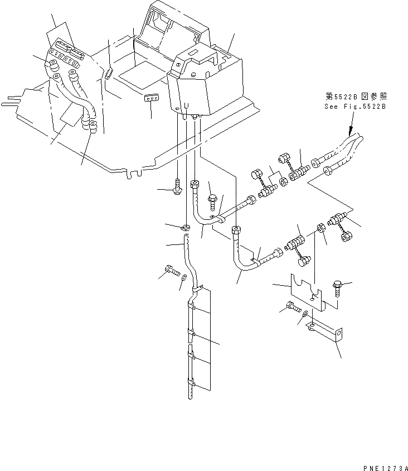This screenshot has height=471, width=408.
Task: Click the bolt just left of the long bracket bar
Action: point(292,306)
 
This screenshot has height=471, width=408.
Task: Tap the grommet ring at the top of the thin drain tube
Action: point(185,227)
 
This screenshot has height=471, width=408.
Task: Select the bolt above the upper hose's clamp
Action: point(213,198)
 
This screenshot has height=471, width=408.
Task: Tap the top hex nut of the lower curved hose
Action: point(236,229)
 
